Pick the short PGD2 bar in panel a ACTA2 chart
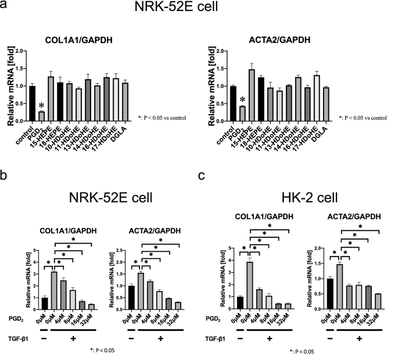pos(241,113)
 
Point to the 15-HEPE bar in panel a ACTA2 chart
pos(252,95)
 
